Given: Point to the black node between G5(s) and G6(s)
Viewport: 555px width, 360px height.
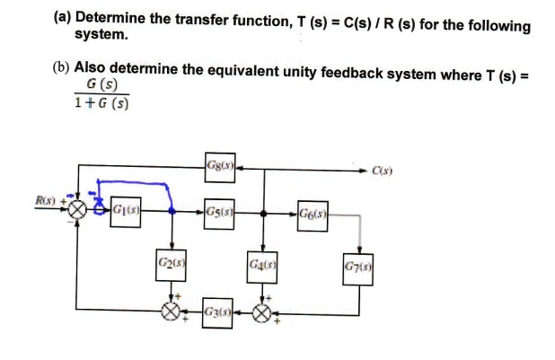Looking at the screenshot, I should [x=263, y=215].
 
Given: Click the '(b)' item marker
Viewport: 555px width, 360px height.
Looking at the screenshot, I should [x=61, y=68].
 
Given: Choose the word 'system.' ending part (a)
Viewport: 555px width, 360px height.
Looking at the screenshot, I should [x=101, y=36].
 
